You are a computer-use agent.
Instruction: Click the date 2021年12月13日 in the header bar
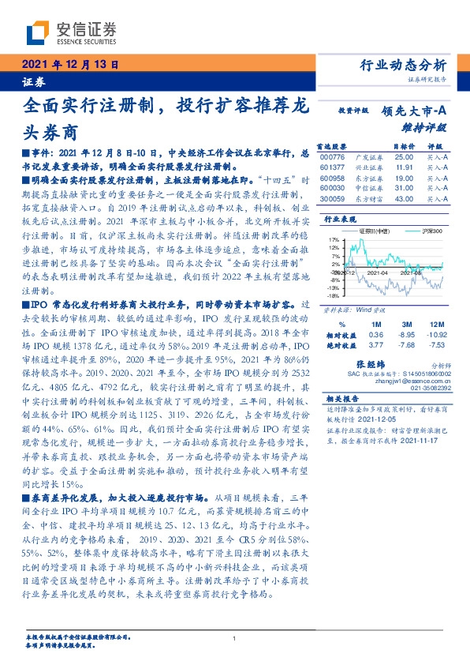point(70,66)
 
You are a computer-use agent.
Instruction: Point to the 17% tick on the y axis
point(334,239)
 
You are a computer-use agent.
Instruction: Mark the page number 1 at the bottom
point(235,638)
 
